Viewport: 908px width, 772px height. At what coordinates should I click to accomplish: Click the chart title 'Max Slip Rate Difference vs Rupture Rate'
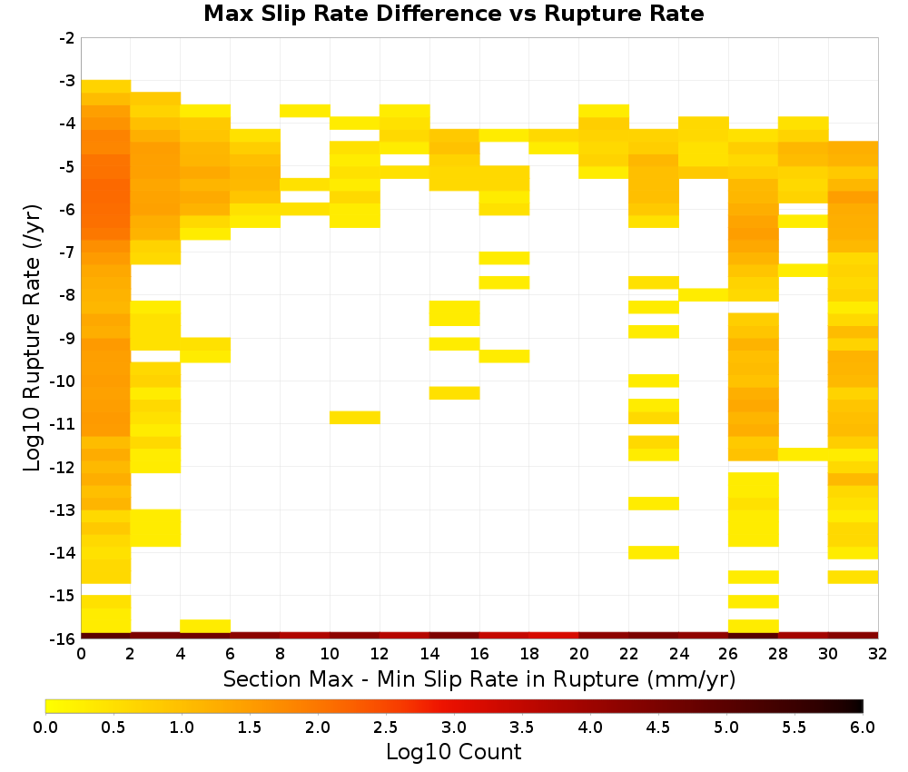pyautogui.click(x=453, y=14)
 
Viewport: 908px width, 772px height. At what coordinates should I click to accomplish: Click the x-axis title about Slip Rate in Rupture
pyautogui.click(x=479, y=678)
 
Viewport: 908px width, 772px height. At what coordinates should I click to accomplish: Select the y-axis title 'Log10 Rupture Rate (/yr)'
pyautogui.click(x=33, y=338)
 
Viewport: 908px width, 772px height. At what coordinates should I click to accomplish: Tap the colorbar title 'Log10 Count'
pyautogui.click(x=453, y=752)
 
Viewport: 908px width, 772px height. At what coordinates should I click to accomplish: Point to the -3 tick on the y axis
pyautogui.click(x=67, y=81)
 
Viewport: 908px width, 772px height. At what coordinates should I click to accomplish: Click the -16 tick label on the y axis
pyautogui.click(x=64, y=638)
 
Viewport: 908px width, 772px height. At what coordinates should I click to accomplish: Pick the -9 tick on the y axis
pyautogui.click(x=67, y=338)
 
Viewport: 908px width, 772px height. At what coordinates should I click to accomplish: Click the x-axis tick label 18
pyautogui.click(x=529, y=654)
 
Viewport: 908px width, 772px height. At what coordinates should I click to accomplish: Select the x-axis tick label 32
pyautogui.click(x=878, y=654)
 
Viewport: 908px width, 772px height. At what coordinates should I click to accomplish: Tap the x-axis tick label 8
pyautogui.click(x=281, y=654)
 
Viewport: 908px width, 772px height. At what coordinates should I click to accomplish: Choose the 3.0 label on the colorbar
pyautogui.click(x=454, y=727)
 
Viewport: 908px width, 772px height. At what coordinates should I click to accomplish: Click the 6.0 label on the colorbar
pyautogui.click(x=863, y=727)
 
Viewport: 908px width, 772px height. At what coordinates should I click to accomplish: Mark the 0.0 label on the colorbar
pyautogui.click(x=45, y=727)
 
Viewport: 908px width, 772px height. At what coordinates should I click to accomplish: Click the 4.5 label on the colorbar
pyautogui.click(x=658, y=727)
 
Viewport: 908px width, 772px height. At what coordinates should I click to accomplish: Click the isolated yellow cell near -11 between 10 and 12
pyautogui.click(x=355, y=418)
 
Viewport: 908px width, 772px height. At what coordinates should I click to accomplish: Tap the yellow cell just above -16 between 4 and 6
pyautogui.click(x=205, y=626)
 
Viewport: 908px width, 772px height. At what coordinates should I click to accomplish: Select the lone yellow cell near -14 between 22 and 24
pyautogui.click(x=654, y=552)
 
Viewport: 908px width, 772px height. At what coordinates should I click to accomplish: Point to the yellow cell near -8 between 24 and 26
pyautogui.click(x=704, y=295)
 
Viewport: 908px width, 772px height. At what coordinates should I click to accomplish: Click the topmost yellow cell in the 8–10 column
pyautogui.click(x=305, y=111)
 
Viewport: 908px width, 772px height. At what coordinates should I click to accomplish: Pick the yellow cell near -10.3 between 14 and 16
pyautogui.click(x=455, y=392)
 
